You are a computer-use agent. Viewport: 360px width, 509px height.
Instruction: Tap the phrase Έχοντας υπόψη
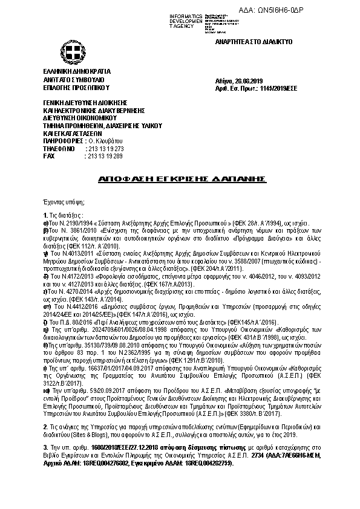pyautogui.click(x=64, y=201)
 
